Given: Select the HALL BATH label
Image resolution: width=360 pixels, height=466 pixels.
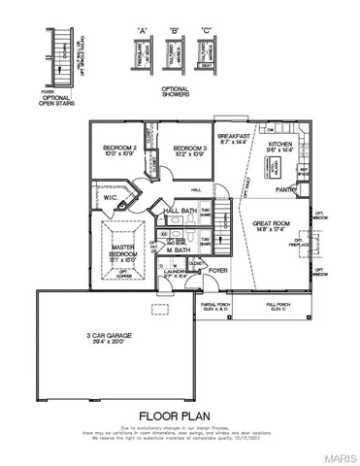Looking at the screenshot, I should pos(181,211).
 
